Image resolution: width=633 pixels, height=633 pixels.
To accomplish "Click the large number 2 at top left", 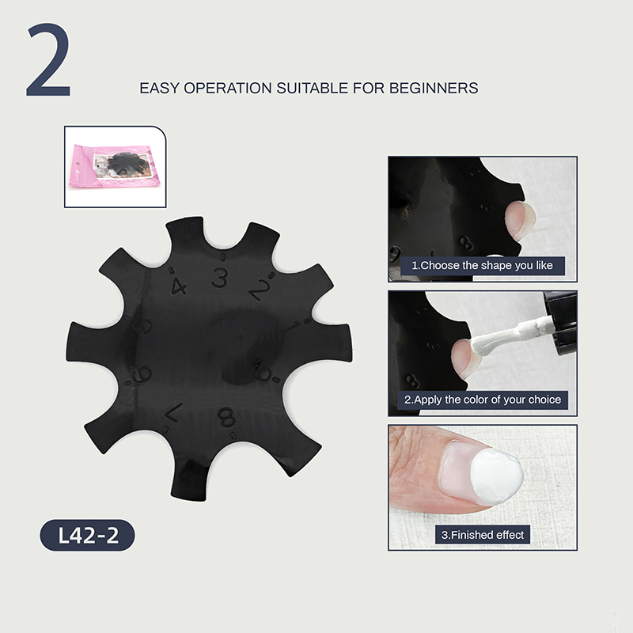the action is (x=49, y=60).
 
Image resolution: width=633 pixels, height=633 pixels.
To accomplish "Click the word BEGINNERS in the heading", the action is (x=434, y=88).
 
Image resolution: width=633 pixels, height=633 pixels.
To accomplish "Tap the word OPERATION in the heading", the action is (x=228, y=88).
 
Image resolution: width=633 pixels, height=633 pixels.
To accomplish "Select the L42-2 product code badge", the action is (x=87, y=535).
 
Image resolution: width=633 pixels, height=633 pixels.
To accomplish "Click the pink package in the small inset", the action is (x=114, y=166).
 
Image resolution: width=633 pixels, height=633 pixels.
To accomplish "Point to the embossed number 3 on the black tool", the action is (x=220, y=278).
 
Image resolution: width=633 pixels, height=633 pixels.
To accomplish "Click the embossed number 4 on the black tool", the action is (x=178, y=286).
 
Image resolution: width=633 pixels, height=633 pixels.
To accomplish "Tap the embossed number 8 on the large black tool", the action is (x=227, y=417).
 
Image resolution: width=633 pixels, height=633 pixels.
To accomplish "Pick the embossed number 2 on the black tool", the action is (x=260, y=290).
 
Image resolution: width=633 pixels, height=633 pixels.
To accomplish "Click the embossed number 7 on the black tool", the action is (x=173, y=412).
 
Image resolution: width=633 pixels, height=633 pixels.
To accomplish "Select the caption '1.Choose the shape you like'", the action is (x=483, y=266).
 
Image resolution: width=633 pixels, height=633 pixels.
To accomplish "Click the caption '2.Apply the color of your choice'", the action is (x=483, y=400).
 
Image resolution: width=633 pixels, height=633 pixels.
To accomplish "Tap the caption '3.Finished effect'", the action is (x=483, y=535).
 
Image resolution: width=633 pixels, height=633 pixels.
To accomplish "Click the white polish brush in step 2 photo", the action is (x=510, y=335).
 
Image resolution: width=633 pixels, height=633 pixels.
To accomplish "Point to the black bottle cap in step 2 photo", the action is (x=562, y=323).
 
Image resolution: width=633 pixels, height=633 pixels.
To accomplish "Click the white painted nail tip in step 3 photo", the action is (x=497, y=476).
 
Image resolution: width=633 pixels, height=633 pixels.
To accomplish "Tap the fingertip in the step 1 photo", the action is (x=521, y=222).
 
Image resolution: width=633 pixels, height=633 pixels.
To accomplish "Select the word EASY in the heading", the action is (x=159, y=88).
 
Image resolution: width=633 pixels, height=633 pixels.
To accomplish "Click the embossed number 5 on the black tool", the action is (x=144, y=325).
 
